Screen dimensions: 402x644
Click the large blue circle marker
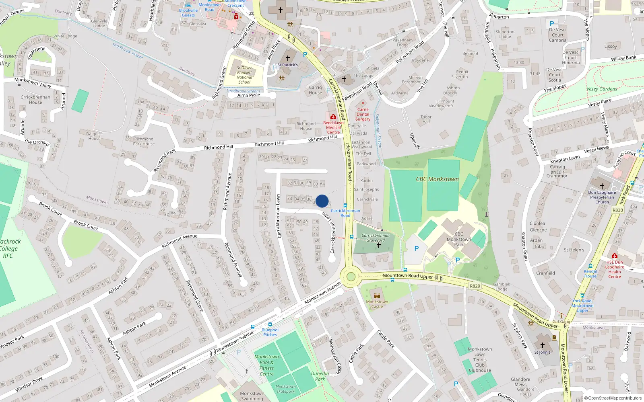coord(322,201)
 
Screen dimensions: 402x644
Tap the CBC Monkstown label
coord(437,179)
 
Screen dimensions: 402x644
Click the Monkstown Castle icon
coord(377,295)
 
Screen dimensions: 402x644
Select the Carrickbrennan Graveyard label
coord(376,238)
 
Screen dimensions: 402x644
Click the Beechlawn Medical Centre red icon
coord(333,117)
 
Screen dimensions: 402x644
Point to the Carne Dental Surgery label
coord(363,114)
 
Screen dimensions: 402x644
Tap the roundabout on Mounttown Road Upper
coord(351,277)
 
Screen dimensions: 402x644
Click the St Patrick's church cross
coord(288,58)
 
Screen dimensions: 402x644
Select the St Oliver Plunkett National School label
coord(244,75)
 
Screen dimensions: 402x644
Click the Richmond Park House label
coord(144,142)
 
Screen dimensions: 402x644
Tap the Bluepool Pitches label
coord(270,332)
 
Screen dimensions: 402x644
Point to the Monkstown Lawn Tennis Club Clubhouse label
coord(480,360)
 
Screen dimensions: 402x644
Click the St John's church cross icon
coord(542,345)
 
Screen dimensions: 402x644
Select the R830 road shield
coord(617,210)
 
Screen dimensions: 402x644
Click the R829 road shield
coord(475,286)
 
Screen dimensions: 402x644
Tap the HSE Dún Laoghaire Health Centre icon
coord(614,256)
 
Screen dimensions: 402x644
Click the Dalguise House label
coord(95,136)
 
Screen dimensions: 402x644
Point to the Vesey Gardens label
coord(602,89)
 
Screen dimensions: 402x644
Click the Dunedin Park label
coord(320,376)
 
